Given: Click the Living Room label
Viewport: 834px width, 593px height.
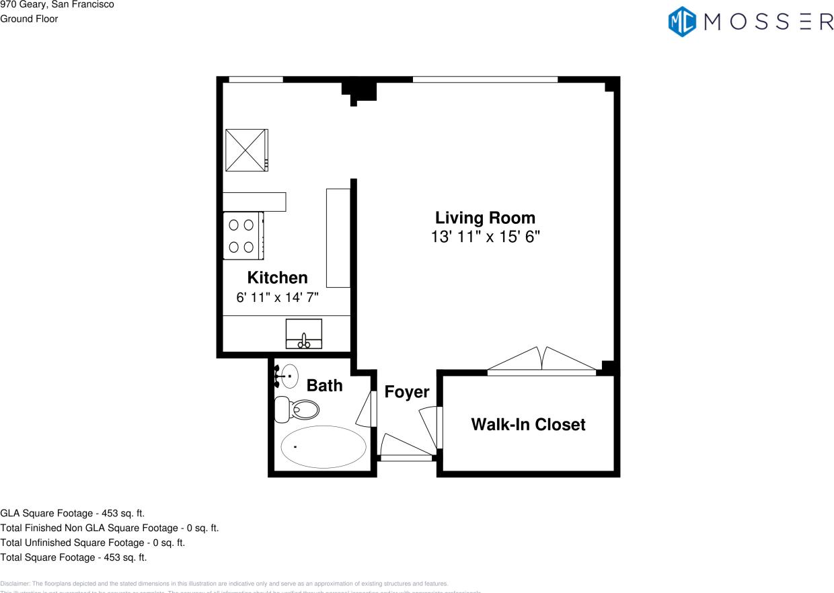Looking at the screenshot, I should pos(485,218).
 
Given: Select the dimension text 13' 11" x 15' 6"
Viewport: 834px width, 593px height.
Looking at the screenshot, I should pos(485,237).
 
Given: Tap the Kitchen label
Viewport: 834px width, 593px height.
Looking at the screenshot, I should pos(277,278).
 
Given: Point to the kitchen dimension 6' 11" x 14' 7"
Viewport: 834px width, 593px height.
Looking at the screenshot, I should pos(277,297).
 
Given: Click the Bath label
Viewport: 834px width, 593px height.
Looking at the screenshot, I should pos(324,385).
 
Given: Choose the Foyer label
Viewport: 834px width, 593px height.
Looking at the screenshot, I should pos(406,392).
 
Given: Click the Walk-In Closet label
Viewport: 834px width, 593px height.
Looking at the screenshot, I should pos(528,424).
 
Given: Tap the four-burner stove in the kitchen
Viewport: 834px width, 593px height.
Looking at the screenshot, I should pos(242,235).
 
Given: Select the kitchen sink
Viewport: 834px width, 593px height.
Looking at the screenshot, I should pos(304,334).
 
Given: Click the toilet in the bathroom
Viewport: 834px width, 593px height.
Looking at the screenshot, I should pos(298,409).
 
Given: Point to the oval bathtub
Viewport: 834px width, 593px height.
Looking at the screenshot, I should pos(324,447).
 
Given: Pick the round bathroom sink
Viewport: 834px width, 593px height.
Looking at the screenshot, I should pos(290,376).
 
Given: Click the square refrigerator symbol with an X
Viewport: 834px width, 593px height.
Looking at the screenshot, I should pos(246,150).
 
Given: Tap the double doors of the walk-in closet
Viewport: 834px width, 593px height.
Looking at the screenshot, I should pos(542,360).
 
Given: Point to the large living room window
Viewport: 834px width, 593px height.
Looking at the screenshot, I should pos(485,79).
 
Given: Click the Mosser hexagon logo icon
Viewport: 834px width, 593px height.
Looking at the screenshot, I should pos(681,22).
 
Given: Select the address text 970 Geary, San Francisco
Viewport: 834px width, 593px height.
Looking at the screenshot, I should pos(57,5).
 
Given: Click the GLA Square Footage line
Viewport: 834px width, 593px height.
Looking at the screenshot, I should pos(73,513).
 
